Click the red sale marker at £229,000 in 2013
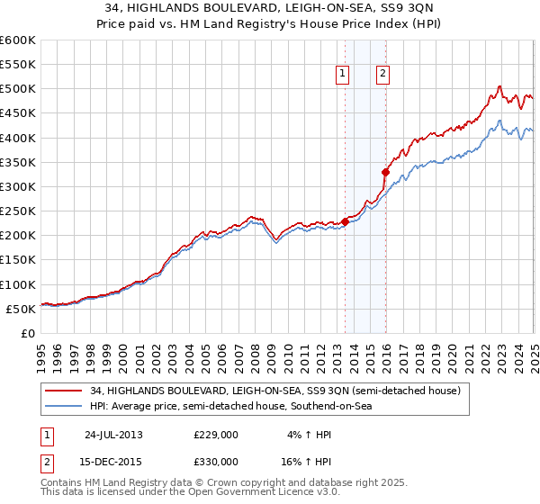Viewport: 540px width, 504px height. (346, 221)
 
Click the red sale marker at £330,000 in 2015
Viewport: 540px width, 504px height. (385, 172)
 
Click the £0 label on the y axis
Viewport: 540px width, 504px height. (27, 333)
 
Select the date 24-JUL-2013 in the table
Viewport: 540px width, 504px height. (113, 435)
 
